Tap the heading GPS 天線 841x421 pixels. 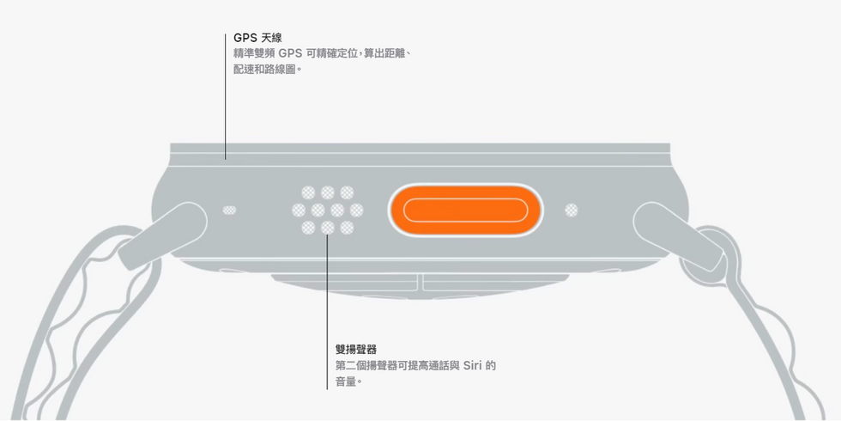(x=257, y=38)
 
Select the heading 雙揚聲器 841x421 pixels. (x=355, y=350)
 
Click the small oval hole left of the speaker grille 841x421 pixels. (x=229, y=210)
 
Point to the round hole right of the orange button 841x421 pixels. (x=571, y=210)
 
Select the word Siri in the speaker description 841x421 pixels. (x=473, y=366)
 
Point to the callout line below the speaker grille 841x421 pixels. (x=327, y=309)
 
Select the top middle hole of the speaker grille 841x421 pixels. (x=327, y=192)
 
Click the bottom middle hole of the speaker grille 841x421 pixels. (x=327, y=228)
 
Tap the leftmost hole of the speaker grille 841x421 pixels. (x=298, y=210)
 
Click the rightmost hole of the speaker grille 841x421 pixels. (x=356, y=210)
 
